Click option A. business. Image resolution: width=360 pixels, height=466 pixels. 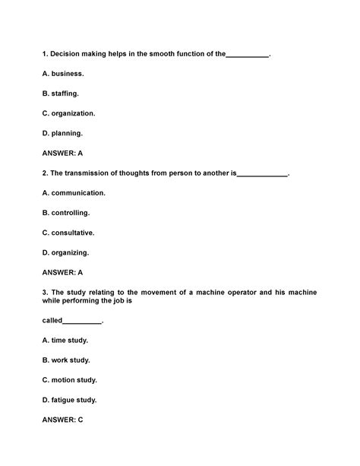click(63, 74)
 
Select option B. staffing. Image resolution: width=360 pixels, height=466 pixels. click(61, 94)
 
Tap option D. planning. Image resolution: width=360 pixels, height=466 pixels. click(62, 133)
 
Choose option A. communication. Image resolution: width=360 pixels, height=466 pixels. click(74, 192)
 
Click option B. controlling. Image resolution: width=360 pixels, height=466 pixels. click(66, 212)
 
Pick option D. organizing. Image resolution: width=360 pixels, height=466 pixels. click(66, 252)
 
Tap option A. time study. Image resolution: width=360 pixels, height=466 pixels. click(65, 340)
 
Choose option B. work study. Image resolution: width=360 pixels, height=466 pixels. click(65, 360)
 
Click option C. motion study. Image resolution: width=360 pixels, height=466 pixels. click(70, 379)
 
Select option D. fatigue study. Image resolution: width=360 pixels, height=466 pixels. click(70, 399)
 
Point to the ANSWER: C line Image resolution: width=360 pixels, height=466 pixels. click(62, 419)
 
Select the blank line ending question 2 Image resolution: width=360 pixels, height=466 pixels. click(262, 174)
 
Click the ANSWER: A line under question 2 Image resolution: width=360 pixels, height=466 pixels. click(62, 271)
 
